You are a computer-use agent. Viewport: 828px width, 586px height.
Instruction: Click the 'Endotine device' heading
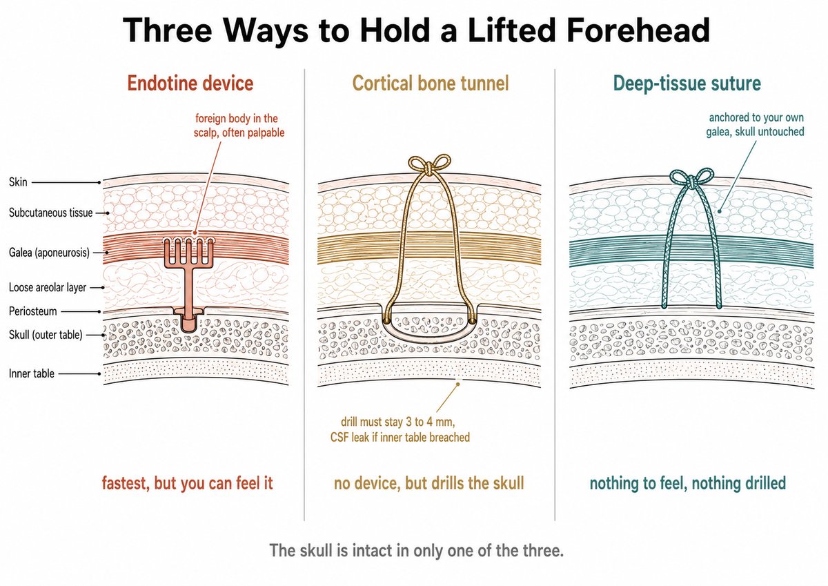[190, 84]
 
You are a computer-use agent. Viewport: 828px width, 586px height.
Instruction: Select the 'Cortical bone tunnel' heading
[431, 84]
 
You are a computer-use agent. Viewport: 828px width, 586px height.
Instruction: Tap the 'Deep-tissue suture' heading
[687, 84]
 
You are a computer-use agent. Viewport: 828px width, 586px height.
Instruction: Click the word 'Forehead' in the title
[638, 30]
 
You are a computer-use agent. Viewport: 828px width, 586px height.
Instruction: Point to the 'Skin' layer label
[18, 182]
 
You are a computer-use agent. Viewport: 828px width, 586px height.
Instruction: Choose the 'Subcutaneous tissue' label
[50, 213]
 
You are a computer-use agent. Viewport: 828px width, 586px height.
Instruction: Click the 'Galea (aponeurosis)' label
[49, 253]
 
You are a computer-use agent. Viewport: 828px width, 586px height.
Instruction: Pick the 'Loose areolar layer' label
[48, 287]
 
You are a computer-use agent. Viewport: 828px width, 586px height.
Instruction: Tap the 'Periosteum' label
[33, 311]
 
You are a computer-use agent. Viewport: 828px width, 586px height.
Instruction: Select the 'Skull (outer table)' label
[46, 335]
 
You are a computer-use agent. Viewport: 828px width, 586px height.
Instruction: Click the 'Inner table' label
[32, 373]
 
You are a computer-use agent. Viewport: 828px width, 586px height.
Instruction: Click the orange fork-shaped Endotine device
[189, 281]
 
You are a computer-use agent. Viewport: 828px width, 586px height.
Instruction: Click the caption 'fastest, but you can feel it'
[188, 483]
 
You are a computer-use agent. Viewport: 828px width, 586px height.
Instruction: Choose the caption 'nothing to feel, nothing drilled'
[687, 483]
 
